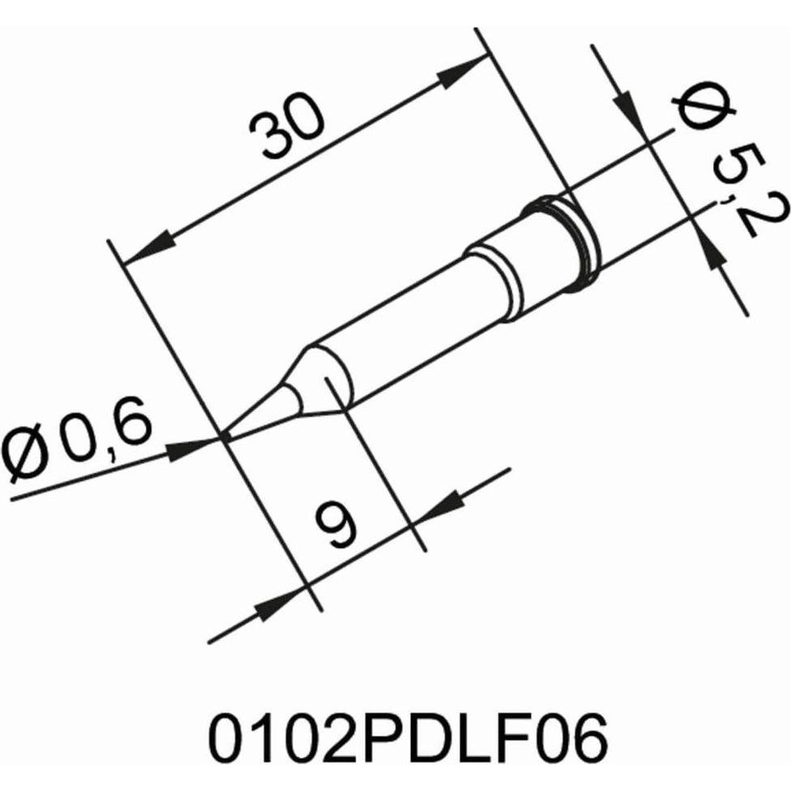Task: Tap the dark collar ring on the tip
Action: [x=567, y=243]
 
